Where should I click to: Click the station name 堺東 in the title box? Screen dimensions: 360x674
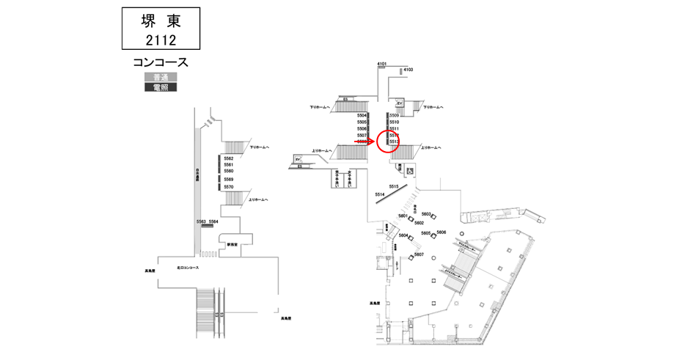[x=160, y=21]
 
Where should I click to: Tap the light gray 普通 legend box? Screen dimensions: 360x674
[x=160, y=77]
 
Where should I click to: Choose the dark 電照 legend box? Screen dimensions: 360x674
[x=160, y=87]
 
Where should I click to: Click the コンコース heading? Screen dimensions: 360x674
[x=160, y=62]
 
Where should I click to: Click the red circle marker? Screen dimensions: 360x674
[x=387, y=141]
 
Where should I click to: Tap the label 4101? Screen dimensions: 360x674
[x=381, y=65]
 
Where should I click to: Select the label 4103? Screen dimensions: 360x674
[x=409, y=70]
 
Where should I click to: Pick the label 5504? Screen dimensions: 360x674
[x=362, y=116]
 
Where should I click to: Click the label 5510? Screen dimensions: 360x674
[x=394, y=122]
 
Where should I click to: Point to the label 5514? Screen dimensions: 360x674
[x=379, y=194]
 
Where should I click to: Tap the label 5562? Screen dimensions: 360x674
[x=228, y=158]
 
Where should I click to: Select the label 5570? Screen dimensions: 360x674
[x=228, y=187]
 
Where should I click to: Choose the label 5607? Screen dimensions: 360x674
[x=419, y=254]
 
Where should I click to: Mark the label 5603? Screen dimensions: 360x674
[x=426, y=214]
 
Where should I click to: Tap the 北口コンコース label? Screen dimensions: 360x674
[x=188, y=268]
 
